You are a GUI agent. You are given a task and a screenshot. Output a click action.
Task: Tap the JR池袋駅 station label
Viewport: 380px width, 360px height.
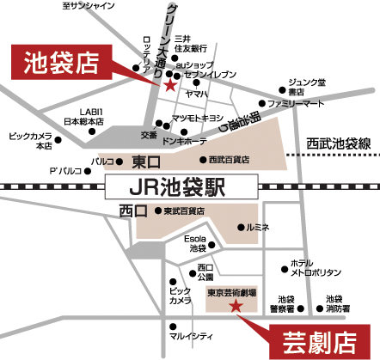[182, 185]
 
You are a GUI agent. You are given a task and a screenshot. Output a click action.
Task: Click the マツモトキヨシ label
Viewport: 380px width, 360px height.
[197, 118]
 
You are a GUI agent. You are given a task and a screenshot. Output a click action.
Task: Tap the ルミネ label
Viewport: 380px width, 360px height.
[258, 227]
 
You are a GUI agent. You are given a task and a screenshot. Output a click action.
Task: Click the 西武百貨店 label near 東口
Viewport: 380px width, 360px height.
[229, 160]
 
